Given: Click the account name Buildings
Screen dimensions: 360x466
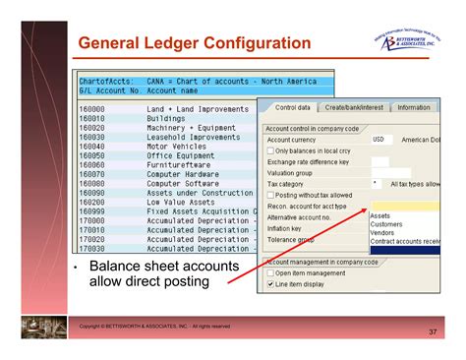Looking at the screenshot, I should [x=165, y=117].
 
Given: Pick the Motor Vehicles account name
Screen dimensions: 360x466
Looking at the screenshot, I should [x=176, y=146].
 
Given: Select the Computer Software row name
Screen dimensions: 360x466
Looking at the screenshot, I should [x=182, y=183].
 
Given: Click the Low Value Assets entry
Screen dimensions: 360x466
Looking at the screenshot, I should [x=180, y=202].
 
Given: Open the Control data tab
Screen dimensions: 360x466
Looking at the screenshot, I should [x=292, y=107].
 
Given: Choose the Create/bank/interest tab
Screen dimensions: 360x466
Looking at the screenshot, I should [x=355, y=107].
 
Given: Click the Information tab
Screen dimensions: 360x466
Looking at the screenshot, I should [x=414, y=107].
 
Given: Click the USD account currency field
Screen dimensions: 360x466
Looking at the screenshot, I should [x=379, y=139].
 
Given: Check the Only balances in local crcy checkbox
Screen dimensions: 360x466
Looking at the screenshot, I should [x=271, y=150].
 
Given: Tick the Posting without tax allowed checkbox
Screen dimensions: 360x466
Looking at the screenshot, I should [x=271, y=195].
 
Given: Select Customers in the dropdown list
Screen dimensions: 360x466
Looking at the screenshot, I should [x=385, y=224].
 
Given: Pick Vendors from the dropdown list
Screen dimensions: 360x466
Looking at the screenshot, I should [x=382, y=232].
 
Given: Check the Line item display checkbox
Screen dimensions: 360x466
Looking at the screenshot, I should [x=271, y=284].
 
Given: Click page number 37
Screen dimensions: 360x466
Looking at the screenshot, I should [x=433, y=332].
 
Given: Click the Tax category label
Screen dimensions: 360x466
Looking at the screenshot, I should [x=285, y=183].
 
